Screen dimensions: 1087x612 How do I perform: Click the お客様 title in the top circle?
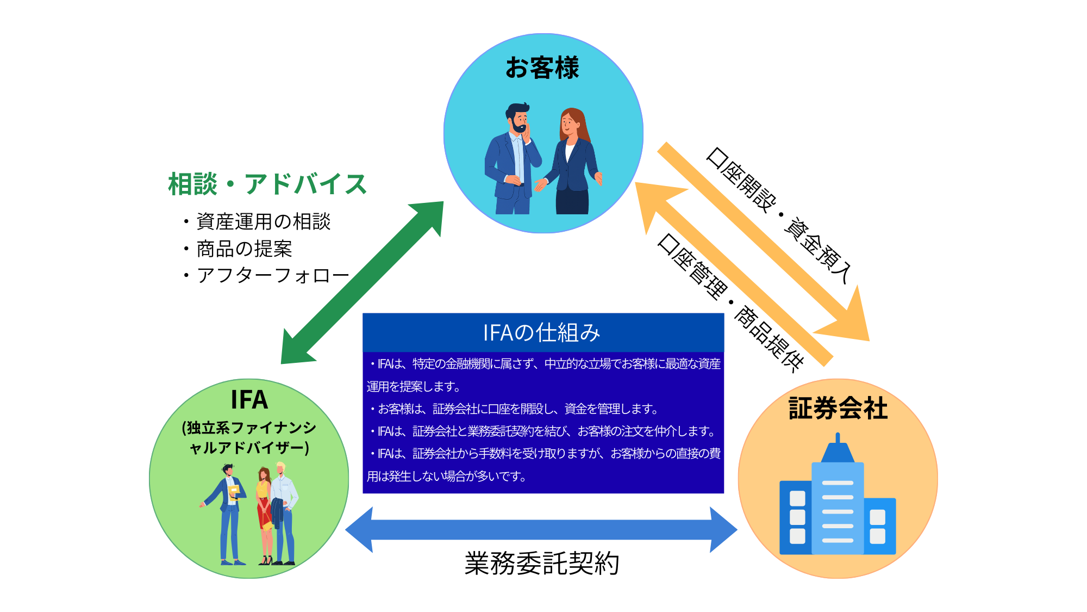[x=542, y=68]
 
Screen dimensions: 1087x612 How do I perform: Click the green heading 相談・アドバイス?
[x=267, y=184]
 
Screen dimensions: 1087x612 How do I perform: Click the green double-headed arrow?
[x=362, y=283]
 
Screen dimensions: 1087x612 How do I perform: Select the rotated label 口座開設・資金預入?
[x=778, y=215]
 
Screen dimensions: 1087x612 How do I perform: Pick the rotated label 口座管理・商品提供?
[x=730, y=302]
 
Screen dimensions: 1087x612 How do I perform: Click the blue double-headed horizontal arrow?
[x=541, y=530]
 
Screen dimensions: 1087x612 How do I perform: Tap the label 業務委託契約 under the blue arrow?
[x=542, y=564]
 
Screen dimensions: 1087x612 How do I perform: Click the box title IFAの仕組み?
[x=542, y=332]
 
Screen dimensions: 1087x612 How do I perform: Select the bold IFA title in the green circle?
[x=249, y=400]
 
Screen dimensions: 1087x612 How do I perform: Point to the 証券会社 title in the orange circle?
[x=838, y=408]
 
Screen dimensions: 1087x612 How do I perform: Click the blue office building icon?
[x=838, y=495]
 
